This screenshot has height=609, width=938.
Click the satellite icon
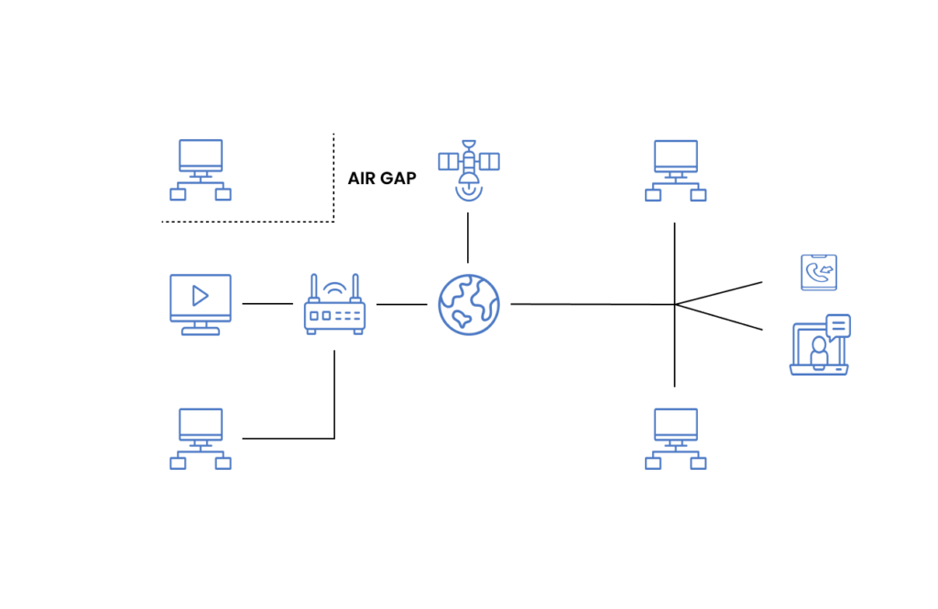(x=468, y=169)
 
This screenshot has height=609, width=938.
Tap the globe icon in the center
(x=468, y=304)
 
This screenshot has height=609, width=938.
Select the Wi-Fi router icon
(x=334, y=307)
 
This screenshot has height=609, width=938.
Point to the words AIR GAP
(x=382, y=179)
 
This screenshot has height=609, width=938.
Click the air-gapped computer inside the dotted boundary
(x=200, y=169)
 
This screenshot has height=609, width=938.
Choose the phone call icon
(x=818, y=272)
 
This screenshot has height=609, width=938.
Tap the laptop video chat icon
(x=819, y=348)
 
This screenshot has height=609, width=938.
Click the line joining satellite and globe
(x=468, y=238)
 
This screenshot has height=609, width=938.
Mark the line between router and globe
(x=401, y=304)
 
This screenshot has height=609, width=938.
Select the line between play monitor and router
(x=267, y=303)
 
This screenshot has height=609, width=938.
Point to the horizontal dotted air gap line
(x=247, y=222)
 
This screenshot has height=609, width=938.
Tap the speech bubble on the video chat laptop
(x=838, y=326)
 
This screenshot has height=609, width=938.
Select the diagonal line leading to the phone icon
(x=719, y=293)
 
